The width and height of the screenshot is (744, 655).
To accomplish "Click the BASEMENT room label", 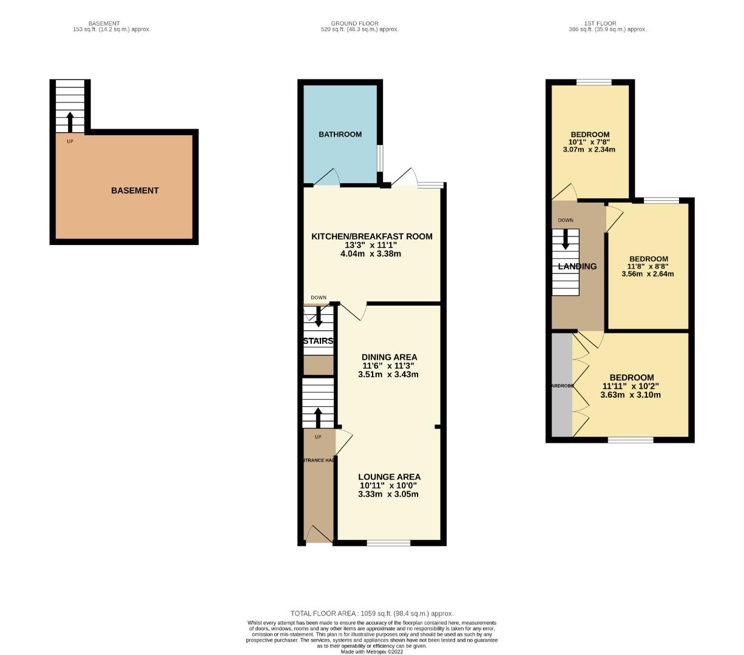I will click(x=135, y=190).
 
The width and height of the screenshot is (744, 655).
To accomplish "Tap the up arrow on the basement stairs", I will click(x=70, y=121).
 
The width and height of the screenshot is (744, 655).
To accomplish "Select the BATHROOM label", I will click(x=340, y=135).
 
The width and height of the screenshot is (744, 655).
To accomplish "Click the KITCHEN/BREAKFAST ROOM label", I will click(x=371, y=237).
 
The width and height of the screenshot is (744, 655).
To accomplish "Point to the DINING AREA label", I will click(x=389, y=357).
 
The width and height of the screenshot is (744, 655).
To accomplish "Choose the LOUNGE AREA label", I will click(x=389, y=477).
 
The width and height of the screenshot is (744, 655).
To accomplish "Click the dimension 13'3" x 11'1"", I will click(x=371, y=245).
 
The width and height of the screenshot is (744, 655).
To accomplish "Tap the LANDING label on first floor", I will click(x=577, y=266).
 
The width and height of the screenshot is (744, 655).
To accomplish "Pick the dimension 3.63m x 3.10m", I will click(x=631, y=395).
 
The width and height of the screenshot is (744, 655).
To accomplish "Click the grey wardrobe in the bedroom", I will click(x=562, y=385).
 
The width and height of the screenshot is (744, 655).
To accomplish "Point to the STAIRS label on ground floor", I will click(x=318, y=341).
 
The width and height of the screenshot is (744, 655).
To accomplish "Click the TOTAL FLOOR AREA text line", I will click(x=371, y=613).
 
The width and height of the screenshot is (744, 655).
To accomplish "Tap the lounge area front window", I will click(x=388, y=543).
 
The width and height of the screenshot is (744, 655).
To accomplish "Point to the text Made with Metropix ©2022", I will click(x=371, y=652).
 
